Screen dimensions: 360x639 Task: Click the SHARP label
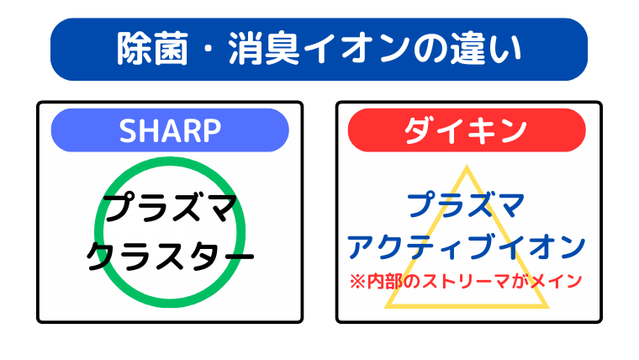(170, 130)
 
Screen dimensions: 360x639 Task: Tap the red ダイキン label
(466, 130)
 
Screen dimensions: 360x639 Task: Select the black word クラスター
(171, 255)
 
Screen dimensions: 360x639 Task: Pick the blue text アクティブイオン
(466, 246)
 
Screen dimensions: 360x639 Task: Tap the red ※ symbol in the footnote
(356, 280)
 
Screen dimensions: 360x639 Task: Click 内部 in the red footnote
(383, 280)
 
